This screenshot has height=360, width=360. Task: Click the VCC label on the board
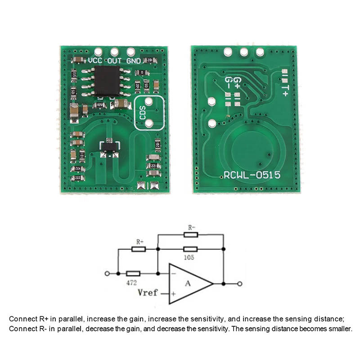click(96, 60)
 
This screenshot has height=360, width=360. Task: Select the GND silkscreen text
click(134, 60)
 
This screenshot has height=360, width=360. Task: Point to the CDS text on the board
click(143, 112)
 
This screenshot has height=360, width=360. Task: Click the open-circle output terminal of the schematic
click(240, 283)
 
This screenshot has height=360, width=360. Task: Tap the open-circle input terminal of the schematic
click(107, 273)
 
